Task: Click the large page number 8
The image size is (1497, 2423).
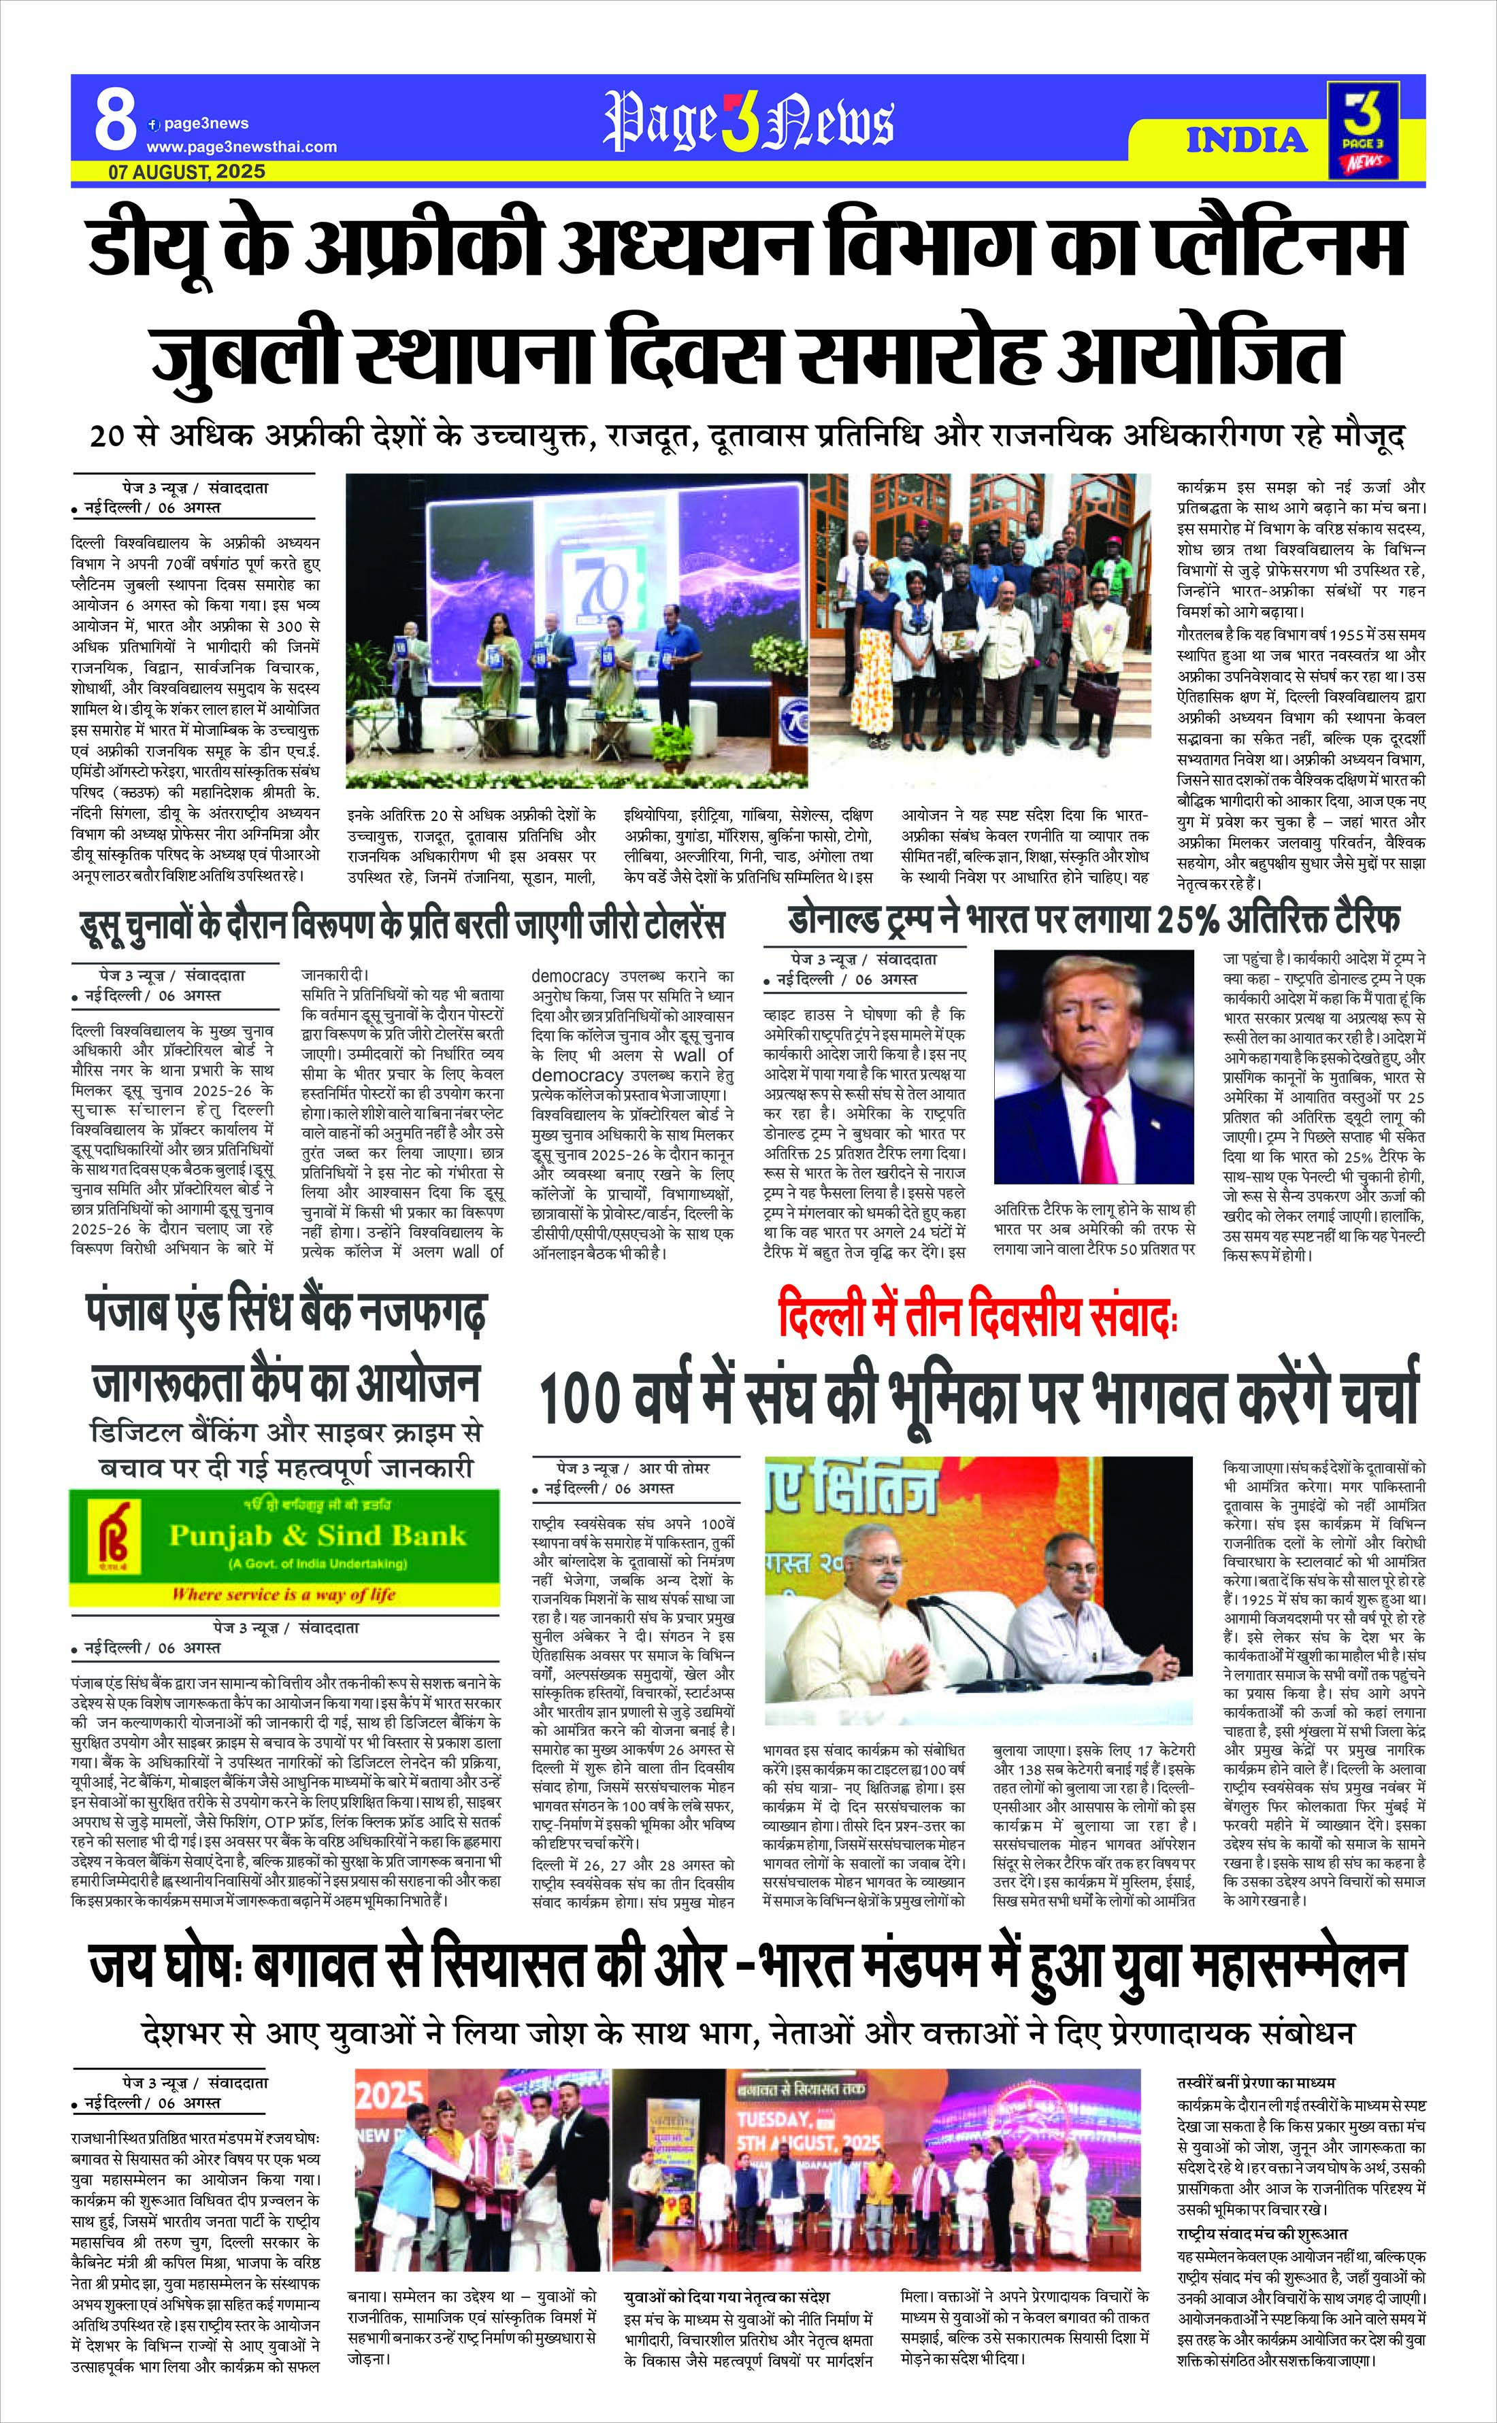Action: [x=116, y=121]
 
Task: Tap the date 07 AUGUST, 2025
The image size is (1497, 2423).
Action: [x=187, y=171]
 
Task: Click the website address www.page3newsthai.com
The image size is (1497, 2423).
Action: [x=242, y=146]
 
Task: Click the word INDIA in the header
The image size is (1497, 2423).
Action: [x=1247, y=139]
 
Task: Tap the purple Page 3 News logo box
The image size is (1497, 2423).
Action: [x=1364, y=130]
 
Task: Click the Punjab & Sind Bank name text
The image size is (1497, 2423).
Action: [x=317, y=1535]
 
